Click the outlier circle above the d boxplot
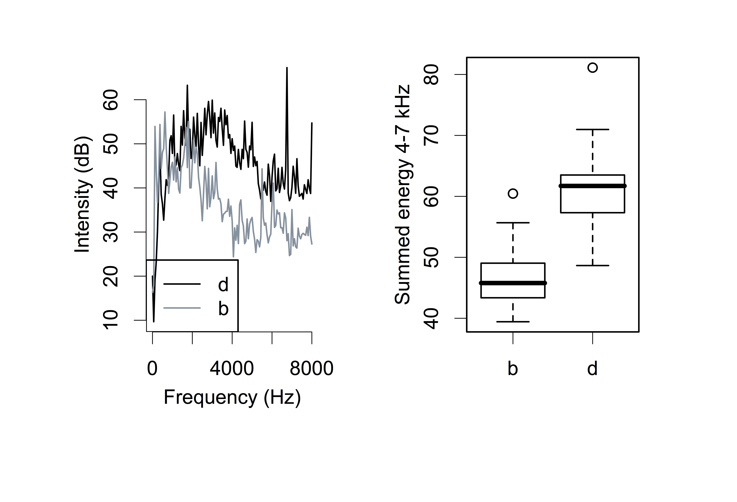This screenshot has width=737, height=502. (x=592, y=68)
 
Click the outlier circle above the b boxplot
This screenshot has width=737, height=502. (x=513, y=193)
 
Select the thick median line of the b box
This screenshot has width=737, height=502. (x=513, y=283)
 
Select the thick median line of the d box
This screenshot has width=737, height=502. (x=592, y=186)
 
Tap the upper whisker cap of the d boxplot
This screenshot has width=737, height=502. (x=592, y=129)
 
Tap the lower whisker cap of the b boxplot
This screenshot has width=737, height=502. (x=513, y=322)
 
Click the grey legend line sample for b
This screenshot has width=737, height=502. (x=182, y=308)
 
